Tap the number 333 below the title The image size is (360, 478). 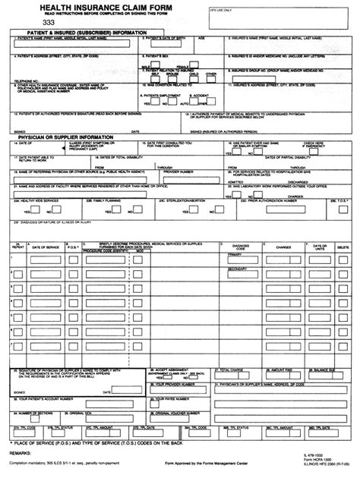pyautogui.click(x=49, y=23)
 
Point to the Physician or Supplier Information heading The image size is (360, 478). pyautogui.click(x=69, y=137)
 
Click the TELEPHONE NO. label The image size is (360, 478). pyautogui.click(x=25, y=79)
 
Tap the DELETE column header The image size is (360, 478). pyautogui.click(x=343, y=247)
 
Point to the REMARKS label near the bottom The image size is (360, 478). pyautogui.click(x=22, y=451)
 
